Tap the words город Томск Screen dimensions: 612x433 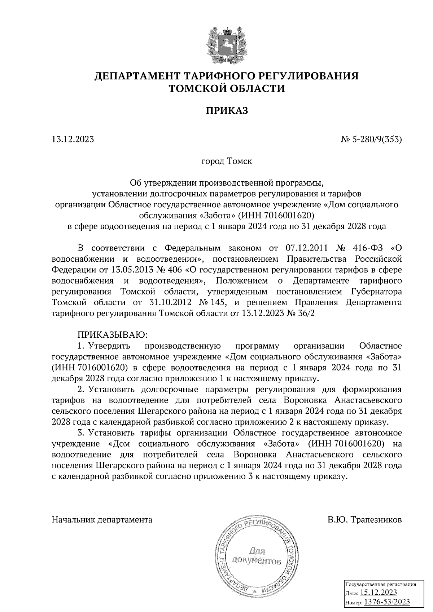pyautogui.click(x=227, y=161)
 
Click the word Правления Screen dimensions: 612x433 pyautogui.click(x=317, y=303)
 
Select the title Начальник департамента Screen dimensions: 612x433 pyautogui.click(x=102, y=520)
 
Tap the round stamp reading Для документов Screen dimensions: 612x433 pyautogui.click(x=257, y=556)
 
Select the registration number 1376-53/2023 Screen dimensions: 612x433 pyautogui.click(x=386, y=601)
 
